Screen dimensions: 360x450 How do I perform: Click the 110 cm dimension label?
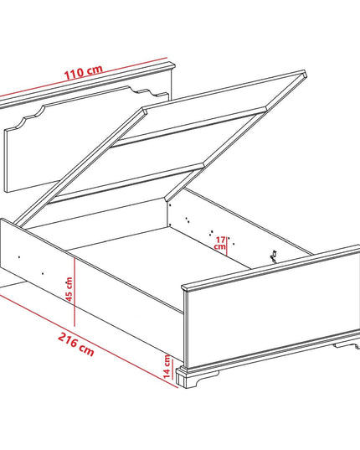(x=83, y=73)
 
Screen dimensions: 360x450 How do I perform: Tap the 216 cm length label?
(x=76, y=344)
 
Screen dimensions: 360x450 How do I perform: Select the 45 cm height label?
(x=69, y=289)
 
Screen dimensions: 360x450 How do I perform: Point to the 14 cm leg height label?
(x=167, y=366)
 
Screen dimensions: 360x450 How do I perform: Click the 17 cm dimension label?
(x=220, y=243)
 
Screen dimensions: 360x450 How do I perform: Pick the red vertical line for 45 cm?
(x=75, y=292)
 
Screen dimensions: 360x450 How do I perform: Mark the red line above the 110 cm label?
(x=84, y=77)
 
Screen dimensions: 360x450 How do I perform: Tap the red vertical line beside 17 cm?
(x=227, y=246)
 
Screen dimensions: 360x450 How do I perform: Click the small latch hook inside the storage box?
(x=274, y=256)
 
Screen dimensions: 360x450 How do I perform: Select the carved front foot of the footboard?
(x=198, y=377)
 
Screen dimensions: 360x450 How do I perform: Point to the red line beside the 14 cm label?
(x=172, y=369)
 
